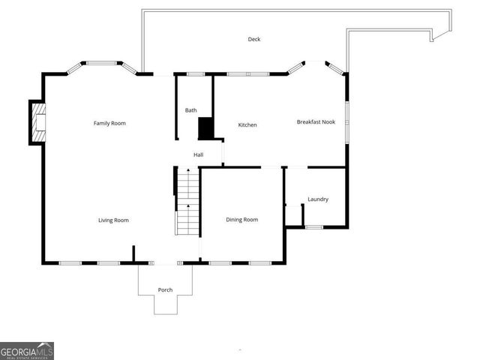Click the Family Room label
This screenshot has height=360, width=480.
point(109,123)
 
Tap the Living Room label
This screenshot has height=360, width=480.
point(113,220)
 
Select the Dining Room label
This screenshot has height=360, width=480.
point(242,220)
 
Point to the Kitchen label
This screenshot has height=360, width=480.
point(247,124)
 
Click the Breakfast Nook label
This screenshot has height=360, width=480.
point(316,121)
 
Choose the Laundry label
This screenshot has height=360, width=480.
point(318,199)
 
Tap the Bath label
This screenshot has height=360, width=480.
point(191,110)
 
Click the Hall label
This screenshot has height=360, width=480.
point(199,154)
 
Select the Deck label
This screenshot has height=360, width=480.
point(254,39)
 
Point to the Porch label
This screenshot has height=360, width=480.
point(165,289)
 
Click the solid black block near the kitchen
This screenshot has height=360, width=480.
point(205,128)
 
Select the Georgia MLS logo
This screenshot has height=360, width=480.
point(26,350)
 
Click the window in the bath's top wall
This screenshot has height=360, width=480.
point(196,73)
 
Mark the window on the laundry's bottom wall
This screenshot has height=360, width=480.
point(314,226)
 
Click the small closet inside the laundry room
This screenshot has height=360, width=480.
point(293,215)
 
